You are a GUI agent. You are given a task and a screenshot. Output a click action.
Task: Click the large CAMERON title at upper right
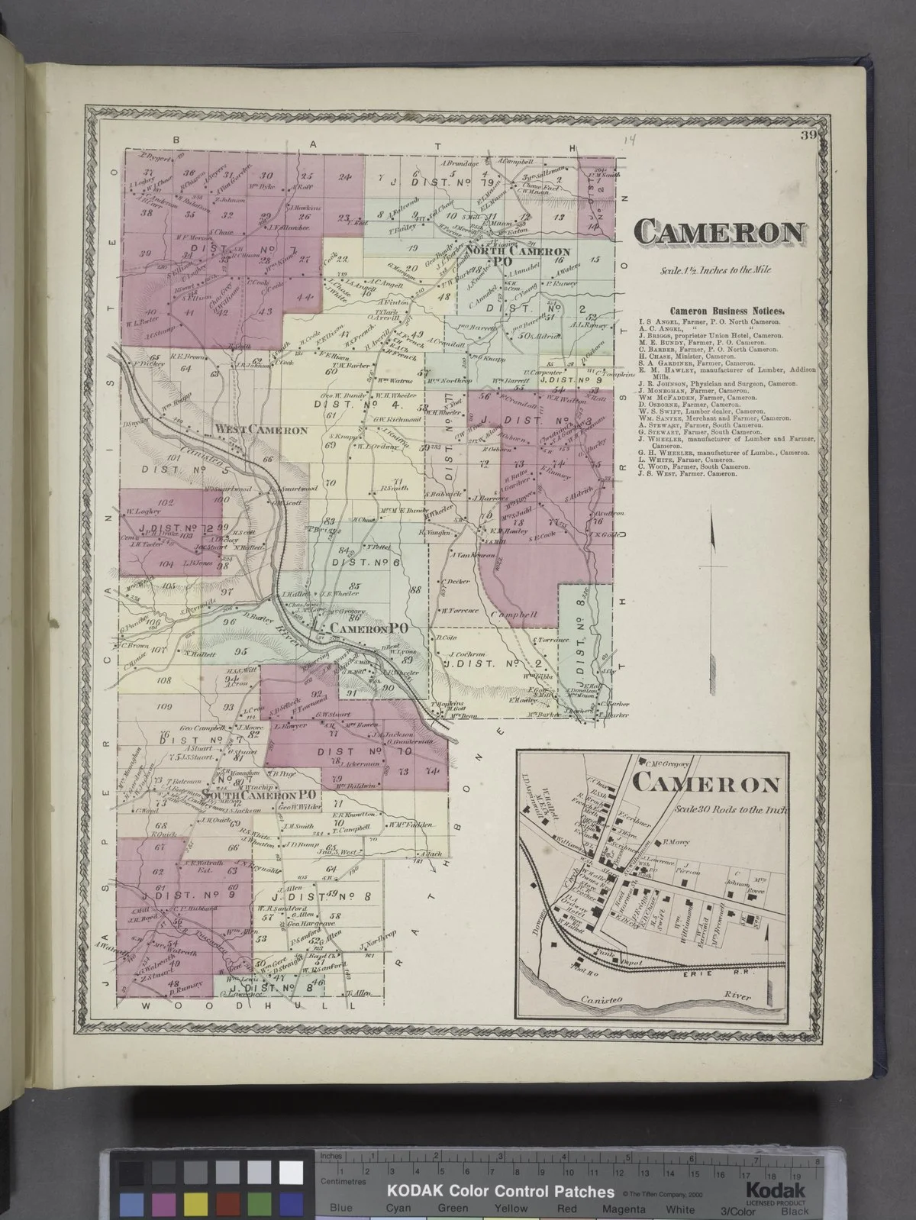[x=721, y=232]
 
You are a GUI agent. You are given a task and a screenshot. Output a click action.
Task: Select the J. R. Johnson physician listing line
[x=718, y=383]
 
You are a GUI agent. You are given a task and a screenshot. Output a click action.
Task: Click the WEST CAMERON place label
[x=261, y=431]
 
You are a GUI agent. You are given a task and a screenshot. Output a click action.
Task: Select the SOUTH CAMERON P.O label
[x=260, y=795]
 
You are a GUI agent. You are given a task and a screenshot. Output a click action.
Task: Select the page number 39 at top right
[x=809, y=137]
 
